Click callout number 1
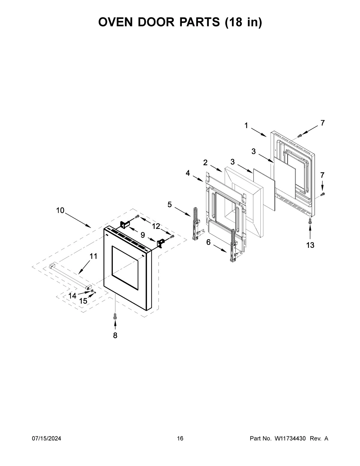pos(246,126)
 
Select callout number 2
pos(205,163)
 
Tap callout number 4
pos(188,173)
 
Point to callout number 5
pos(170,205)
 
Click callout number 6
pos(208,242)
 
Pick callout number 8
pos(115,335)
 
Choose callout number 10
pos(60,210)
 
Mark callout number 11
pos(94,256)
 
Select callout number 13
pos(310,245)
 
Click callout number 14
pos(72,296)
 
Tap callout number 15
pos(83,301)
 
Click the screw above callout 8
pos(115,316)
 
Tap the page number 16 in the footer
pos(180,439)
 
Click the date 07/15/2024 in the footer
pos(46,439)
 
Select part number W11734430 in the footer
pos(290,439)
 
